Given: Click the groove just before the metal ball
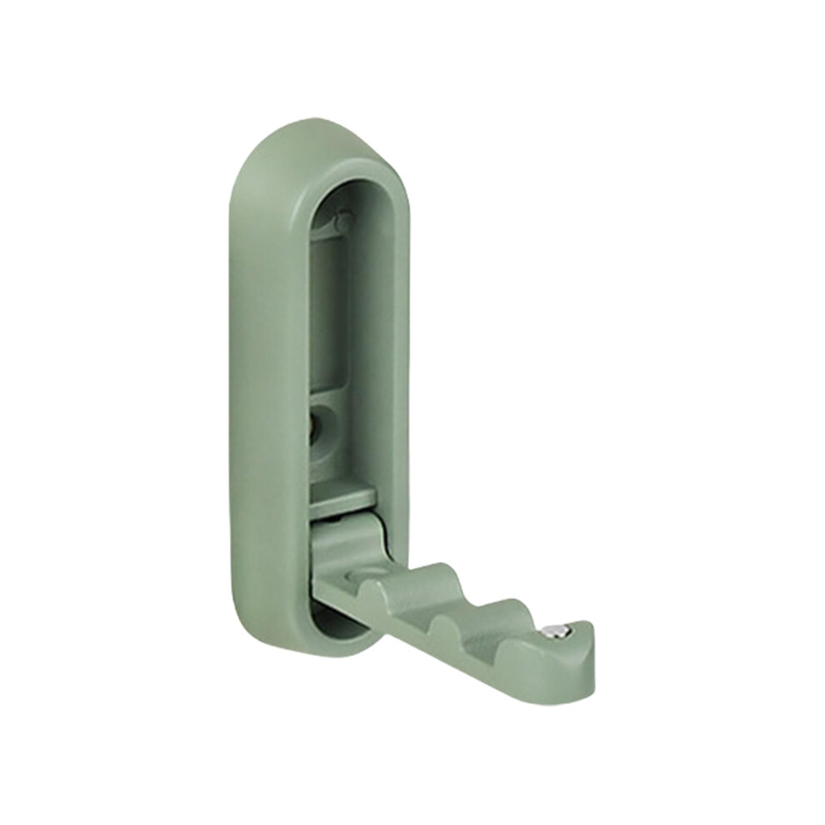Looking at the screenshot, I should coord(533,633).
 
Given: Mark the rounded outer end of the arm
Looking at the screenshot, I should coord(583,667).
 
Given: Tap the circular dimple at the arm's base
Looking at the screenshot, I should coord(369,573).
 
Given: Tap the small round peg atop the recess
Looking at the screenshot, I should coord(342,222).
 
